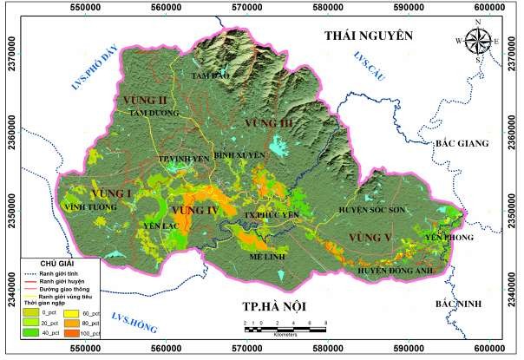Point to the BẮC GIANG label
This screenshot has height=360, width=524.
click(x=462, y=143)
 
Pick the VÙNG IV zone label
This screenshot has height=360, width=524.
click(x=194, y=211)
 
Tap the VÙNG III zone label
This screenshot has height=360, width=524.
click(x=271, y=127)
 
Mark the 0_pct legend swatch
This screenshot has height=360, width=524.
click(x=31, y=311)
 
